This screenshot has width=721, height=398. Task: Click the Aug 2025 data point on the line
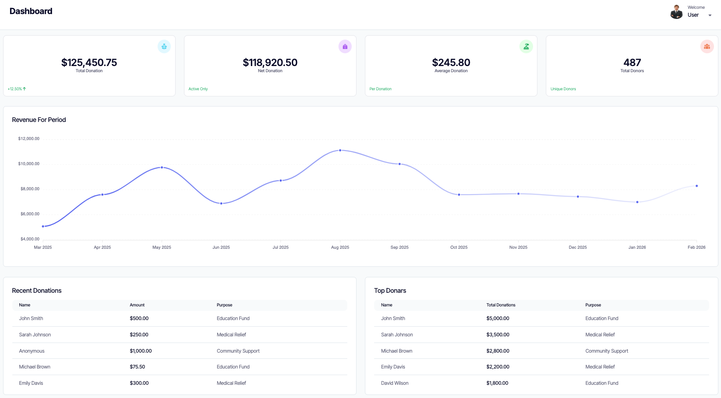coord(340,151)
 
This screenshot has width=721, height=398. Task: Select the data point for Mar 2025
coord(43,226)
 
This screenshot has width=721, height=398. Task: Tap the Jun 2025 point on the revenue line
coord(221,203)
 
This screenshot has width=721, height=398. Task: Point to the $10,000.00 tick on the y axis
coord(29,164)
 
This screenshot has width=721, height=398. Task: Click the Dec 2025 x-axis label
coord(578,247)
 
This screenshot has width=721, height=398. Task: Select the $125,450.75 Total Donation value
coord(89,63)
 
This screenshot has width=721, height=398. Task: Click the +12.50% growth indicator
coord(17,89)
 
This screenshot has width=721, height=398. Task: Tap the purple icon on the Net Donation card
coord(345,47)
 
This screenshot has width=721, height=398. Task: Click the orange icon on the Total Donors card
coord(706,47)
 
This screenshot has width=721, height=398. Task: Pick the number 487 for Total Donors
coord(632,63)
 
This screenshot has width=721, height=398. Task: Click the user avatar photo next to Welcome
coord(676,12)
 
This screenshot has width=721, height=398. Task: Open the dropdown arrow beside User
coord(710,15)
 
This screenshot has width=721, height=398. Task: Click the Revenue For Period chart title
coord(39,120)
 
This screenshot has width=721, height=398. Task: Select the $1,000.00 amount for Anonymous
coord(140,351)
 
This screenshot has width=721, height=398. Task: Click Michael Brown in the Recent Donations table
coord(34,367)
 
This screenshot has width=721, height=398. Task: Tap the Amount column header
coord(137,305)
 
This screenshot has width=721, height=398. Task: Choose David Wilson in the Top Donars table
coord(394,383)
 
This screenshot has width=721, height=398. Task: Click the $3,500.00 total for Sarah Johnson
coord(497,335)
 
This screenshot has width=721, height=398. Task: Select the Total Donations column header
coord(500,305)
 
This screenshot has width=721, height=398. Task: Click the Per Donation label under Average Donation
coord(380,89)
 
